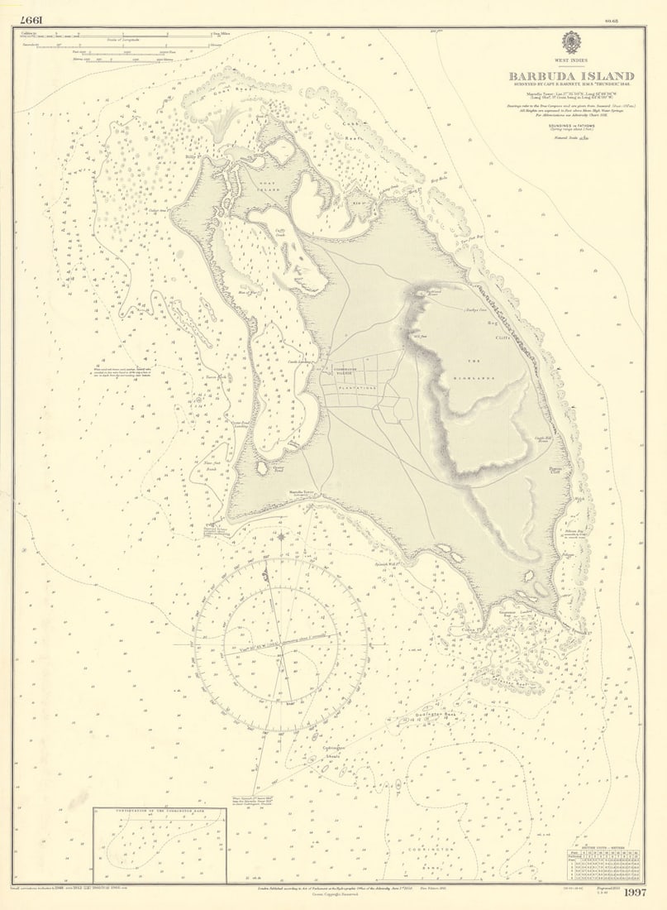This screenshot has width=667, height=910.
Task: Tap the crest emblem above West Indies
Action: (x=571, y=42)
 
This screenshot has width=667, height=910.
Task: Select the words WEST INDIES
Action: (x=571, y=61)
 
